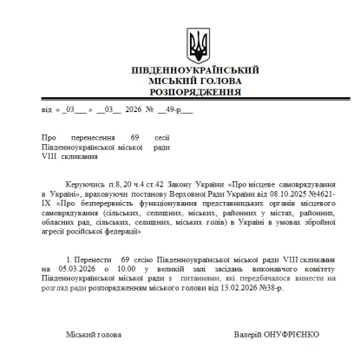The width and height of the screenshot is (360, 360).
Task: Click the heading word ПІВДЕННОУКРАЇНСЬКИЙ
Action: click(199, 69)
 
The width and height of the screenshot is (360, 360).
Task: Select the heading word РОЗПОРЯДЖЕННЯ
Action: click(199, 90)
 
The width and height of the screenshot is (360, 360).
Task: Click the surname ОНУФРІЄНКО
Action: click(294, 334)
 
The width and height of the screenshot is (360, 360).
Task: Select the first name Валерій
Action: click(248, 334)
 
